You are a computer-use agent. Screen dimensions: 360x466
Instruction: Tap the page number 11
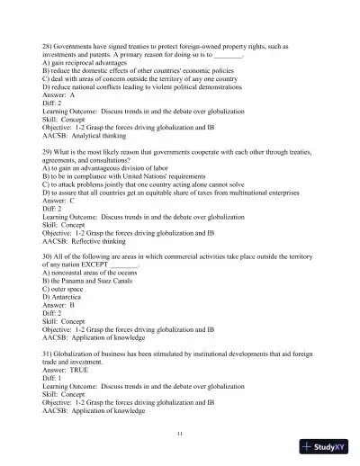180,435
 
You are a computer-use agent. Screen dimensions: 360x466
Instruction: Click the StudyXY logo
325,449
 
